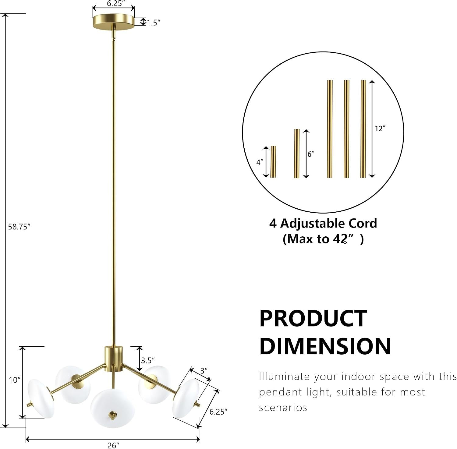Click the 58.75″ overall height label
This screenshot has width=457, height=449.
[x=19, y=227]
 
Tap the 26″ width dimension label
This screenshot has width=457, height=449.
[x=113, y=445]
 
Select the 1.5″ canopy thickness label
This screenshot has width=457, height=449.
[x=154, y=23]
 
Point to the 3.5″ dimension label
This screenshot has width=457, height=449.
[x=148, y=361]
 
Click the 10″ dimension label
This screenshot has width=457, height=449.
[x=15, y=380]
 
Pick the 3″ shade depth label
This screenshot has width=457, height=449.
[x=204, y=371]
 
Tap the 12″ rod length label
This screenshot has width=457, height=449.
[x=380, y=129]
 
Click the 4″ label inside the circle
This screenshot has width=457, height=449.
[x=260, y=162]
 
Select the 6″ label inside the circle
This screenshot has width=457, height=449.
[x=310, y=154]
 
